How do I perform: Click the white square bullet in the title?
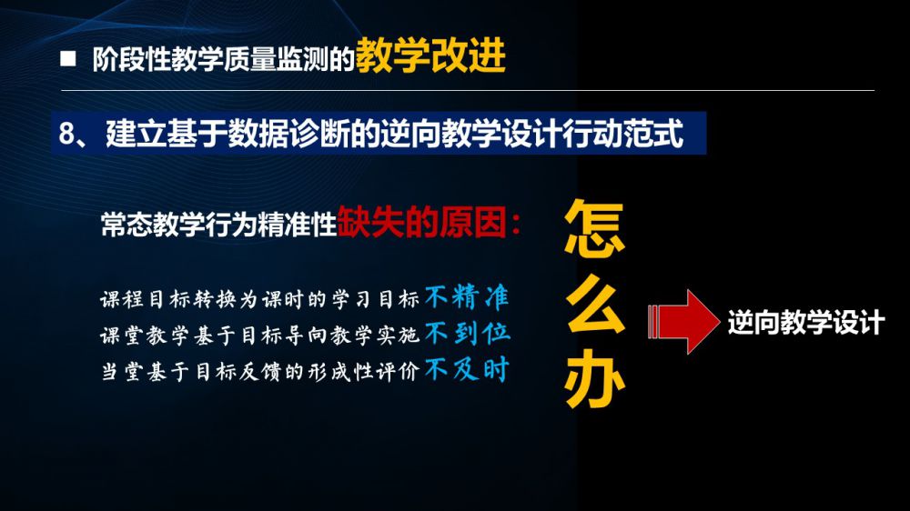pos(68,58)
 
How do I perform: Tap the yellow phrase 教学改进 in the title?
pos(430,55)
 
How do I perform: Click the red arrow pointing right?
pos(683,321)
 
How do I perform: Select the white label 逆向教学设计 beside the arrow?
pos(806,322)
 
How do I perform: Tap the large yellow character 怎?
pos(594,228)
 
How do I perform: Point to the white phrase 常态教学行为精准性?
pos(218,225)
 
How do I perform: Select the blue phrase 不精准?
pos(467,297)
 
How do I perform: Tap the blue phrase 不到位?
pos(467,334)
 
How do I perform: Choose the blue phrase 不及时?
pos(467,369)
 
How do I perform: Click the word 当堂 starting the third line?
pos(122,371)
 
